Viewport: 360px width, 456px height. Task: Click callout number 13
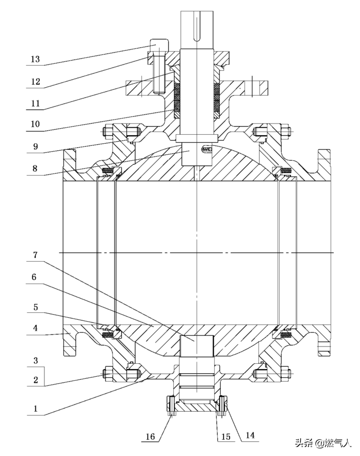click(x=35, y=59)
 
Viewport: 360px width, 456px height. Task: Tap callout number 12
click(x=35, y=81)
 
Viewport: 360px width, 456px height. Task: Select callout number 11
click(x=35, y=103)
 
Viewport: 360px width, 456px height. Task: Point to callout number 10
click(x=35, y=124)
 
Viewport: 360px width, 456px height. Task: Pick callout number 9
click(x=35, y=146)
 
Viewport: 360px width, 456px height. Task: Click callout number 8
click(x=35, y=168)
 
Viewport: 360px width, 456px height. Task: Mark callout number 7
click(x=35, y=255)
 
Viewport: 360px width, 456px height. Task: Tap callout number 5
click(x=35, y=307)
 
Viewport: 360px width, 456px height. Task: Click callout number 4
click(x=35, y=328)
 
